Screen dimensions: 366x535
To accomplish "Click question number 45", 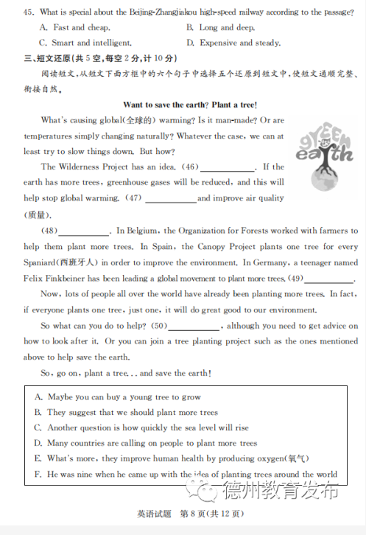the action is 29,12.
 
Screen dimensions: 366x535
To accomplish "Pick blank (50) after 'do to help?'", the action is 194,326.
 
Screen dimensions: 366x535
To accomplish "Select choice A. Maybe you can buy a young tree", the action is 118,396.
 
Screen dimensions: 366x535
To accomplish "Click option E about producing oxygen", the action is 173,458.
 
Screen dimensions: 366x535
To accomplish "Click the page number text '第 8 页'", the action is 194,514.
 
